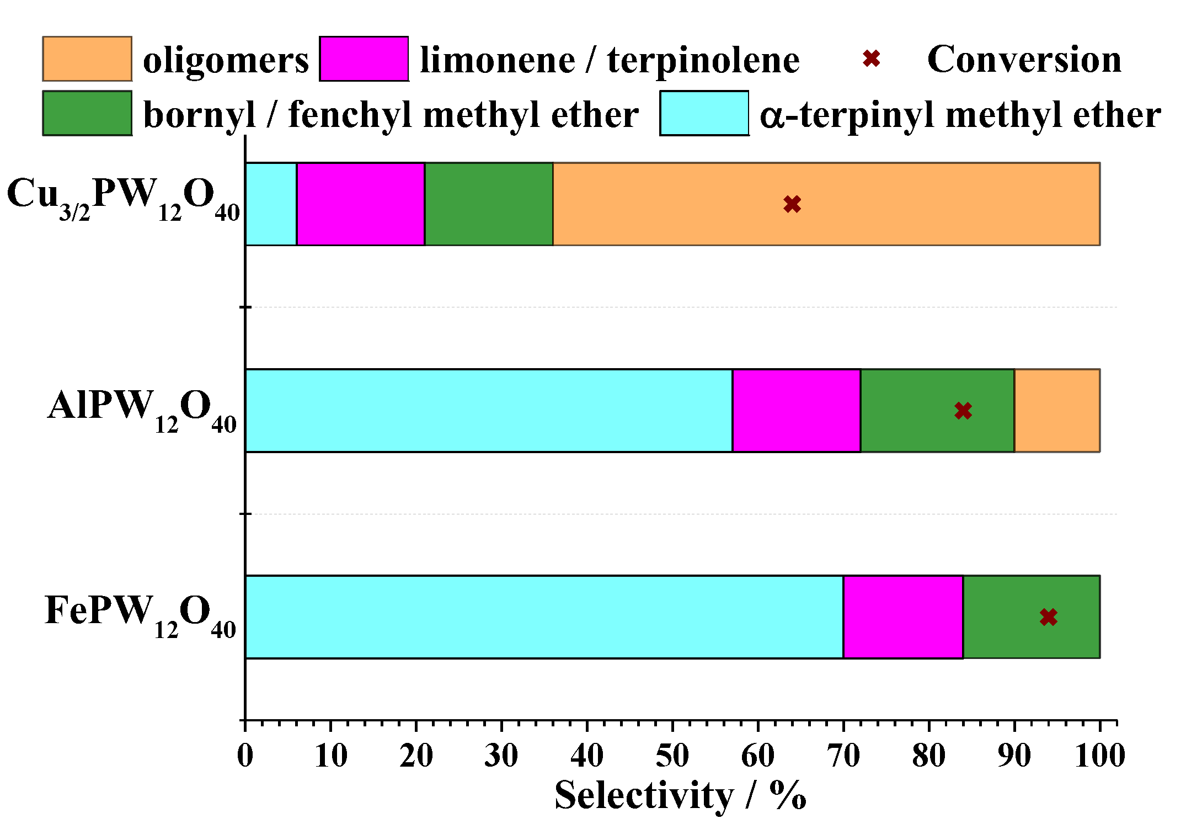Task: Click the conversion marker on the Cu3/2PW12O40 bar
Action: [792, 204]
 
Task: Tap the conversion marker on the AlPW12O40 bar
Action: [963, 411]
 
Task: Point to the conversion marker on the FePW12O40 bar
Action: [1049, 617]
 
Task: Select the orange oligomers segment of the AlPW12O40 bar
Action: [1057, 411]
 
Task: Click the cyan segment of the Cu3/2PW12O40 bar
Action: [271, 204]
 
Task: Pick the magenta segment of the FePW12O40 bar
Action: [903, 617]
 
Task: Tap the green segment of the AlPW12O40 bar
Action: [927, 411]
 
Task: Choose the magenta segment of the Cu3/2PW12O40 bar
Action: [361, 204]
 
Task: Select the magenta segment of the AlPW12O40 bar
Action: [797, 411]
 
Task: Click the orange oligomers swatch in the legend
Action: [87, 59]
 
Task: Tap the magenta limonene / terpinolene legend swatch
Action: [364, 59]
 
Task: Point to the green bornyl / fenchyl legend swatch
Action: [87, 113]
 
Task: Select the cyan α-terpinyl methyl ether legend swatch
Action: [704, 113]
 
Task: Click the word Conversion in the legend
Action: [1024, 59]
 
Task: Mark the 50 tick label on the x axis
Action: [672, 756]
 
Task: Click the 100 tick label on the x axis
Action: [1099, 756]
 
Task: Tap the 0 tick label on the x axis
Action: [245, 756]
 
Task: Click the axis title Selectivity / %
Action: [680, 796]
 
